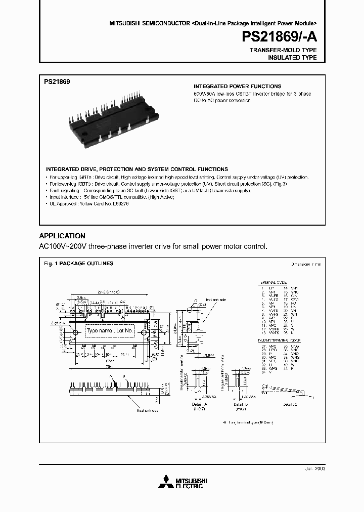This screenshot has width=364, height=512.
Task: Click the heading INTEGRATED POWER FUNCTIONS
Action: tap(238, 87)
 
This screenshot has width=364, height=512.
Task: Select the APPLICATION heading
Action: tap(62, 236)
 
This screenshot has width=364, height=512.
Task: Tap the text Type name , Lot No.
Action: tap(109, 331)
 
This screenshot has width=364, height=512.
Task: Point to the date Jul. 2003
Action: tap(313, 469)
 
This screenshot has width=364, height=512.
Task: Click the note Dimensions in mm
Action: tap(305, 264)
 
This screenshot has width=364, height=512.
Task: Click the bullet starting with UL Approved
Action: tap(90, 203)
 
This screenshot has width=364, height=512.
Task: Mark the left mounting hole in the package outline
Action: tap(76, 333)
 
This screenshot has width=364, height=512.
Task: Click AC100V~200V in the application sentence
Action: tap(61, 246)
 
